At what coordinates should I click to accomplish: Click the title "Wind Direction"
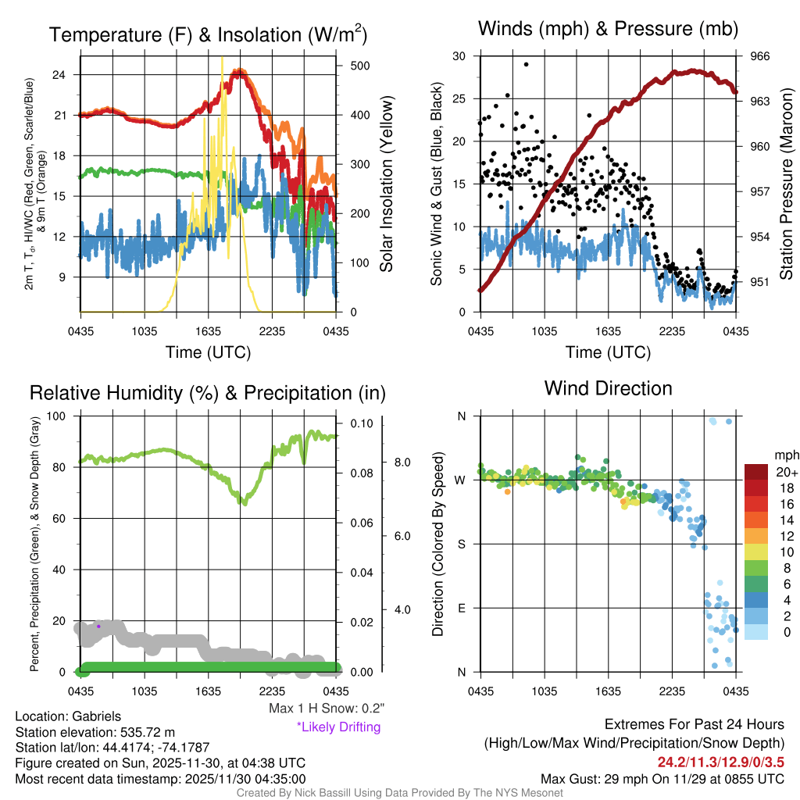608,388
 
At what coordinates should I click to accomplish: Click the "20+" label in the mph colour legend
784,472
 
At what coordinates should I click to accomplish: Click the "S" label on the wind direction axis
462,544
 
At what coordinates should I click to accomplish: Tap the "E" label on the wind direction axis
462,608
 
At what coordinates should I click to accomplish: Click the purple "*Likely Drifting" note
338,727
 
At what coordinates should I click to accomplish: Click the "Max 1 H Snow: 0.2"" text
326,709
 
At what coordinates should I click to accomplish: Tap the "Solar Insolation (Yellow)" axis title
386,184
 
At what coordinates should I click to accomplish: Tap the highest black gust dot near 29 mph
526,65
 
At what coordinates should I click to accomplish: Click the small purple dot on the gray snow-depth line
98,626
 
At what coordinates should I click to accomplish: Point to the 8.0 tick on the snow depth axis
401,462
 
